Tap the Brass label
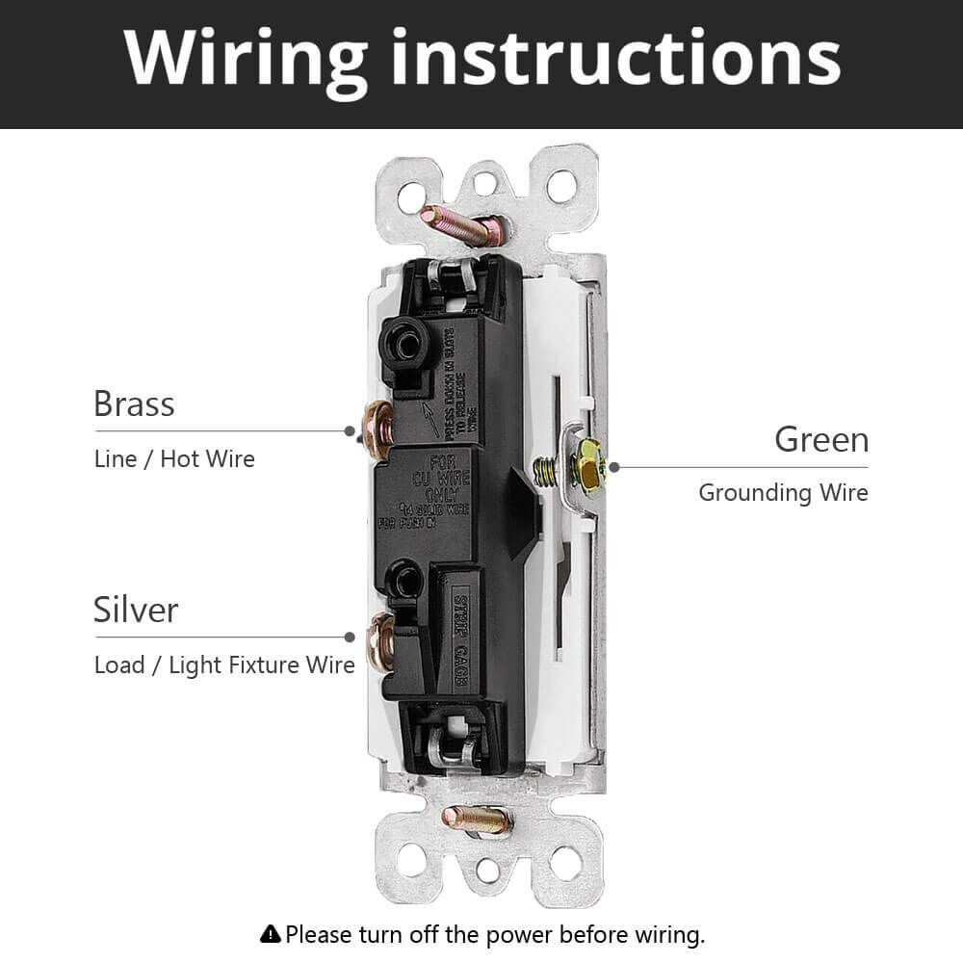(134, 403)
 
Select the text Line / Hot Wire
(174, 458)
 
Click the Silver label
(136, 610)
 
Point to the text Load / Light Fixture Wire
(224, 664)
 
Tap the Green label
(820, 440)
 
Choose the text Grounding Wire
(783, 493)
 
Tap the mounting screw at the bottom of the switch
(476, 820)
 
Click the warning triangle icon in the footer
(271, 933)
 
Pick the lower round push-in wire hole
(403, 578)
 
